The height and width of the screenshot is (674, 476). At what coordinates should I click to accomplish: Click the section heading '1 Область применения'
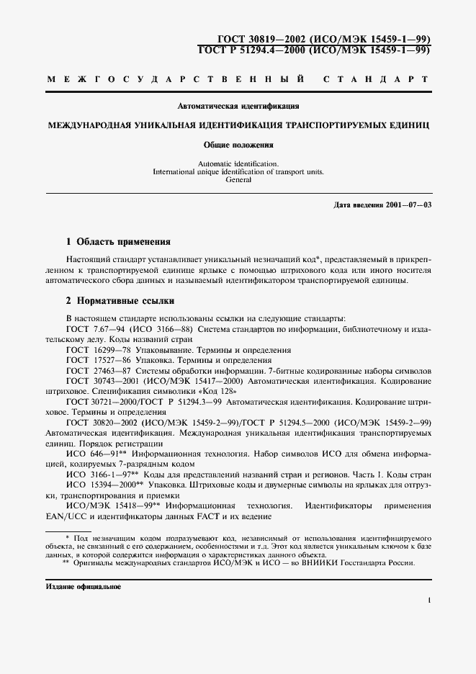tap(118, 242)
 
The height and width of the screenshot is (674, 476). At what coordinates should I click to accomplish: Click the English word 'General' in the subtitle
tap(238, 180)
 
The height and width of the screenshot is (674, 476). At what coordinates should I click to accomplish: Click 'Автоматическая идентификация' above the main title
tap(238, 107)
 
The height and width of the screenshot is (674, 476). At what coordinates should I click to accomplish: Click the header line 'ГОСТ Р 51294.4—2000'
tap(252, 50)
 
